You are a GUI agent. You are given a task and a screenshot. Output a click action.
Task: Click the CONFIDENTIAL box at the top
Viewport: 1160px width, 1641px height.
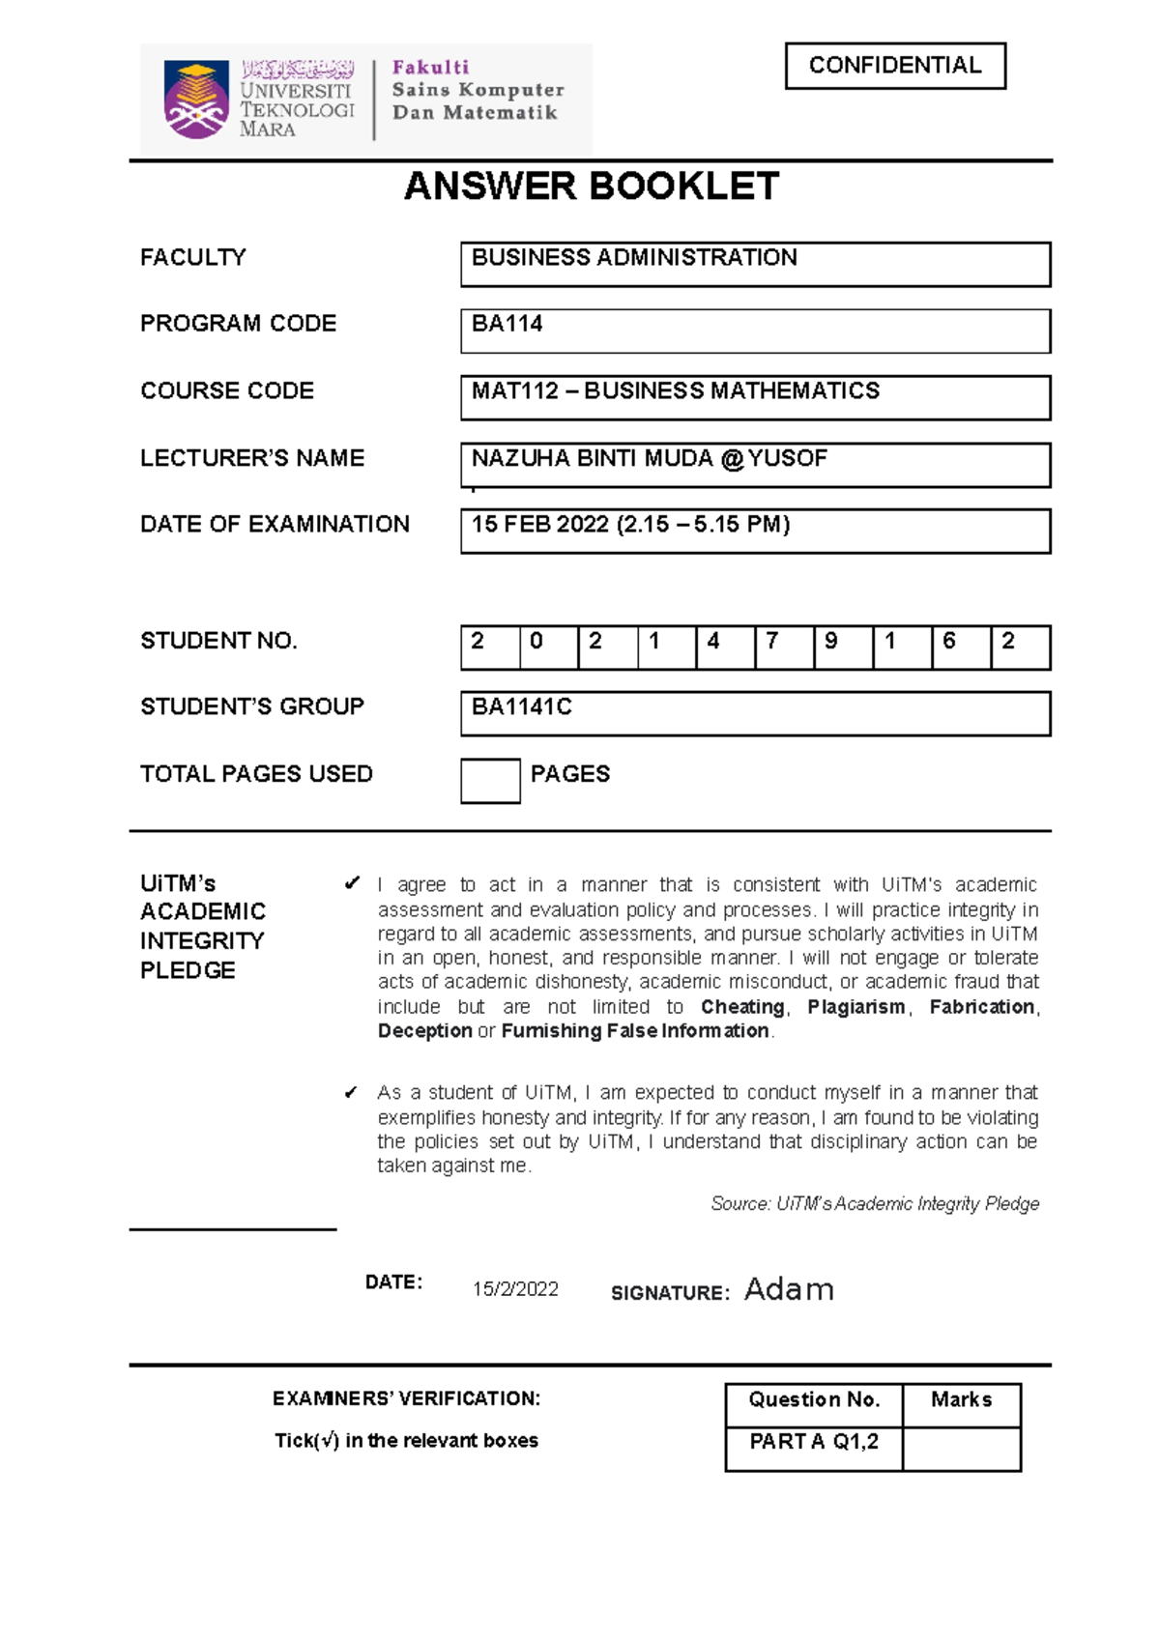[895, 66]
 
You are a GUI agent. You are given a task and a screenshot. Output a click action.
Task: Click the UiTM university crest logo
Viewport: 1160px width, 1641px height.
[196, 99]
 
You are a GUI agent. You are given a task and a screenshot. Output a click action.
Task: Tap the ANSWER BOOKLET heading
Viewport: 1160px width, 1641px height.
[591, 187]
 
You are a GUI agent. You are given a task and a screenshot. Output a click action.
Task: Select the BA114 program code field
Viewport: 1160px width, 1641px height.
[755, 331]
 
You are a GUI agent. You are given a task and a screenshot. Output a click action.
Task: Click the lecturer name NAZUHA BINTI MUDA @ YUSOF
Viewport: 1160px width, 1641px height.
[649, 458]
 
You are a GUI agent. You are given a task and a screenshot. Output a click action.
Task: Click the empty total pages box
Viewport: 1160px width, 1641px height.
[490, 781]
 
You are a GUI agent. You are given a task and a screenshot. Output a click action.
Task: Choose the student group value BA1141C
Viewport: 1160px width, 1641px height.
[522, 707]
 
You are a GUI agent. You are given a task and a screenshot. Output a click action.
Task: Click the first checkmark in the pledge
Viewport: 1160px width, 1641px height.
[352, 883]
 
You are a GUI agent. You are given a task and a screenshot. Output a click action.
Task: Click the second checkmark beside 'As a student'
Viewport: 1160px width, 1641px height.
[351, 1092]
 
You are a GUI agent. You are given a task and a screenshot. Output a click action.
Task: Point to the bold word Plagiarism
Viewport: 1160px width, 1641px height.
[856, 1007]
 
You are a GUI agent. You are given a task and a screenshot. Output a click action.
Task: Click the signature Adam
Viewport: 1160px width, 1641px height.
[789, 1289]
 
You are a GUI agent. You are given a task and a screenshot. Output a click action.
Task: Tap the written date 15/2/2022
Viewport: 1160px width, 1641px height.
[515, 1289]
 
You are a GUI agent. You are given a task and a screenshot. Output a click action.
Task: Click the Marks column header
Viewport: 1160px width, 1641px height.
[961, 1400]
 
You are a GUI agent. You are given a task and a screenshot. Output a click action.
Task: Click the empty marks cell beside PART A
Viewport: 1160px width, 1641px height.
[961, 1449]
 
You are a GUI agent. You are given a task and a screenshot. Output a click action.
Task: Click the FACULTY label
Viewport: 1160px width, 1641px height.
[193, 258]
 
